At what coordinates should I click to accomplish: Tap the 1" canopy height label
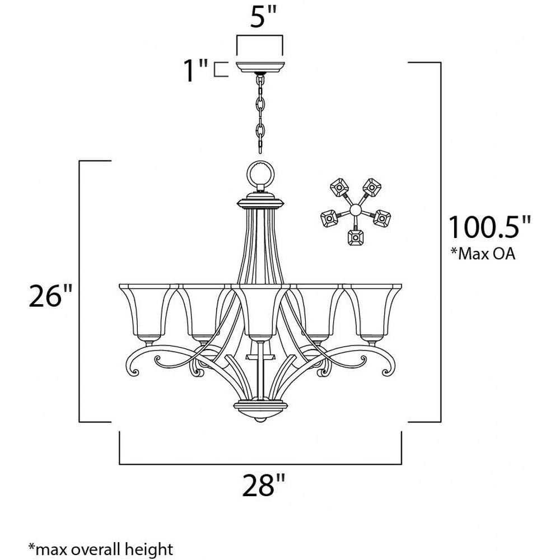[195, 71]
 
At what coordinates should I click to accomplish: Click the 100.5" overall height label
[489, 227]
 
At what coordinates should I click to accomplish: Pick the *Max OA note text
[483, 253]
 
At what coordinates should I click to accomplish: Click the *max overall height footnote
[101, 549]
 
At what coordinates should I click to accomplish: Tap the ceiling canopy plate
[260, 67]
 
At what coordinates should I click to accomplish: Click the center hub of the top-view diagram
[356, 209]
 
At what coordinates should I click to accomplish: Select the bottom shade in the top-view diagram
[356, 237]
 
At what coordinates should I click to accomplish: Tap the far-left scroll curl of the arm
[133, 368]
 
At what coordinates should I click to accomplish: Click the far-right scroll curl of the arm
[388, 368]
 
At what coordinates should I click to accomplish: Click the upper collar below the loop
[260, 200]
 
